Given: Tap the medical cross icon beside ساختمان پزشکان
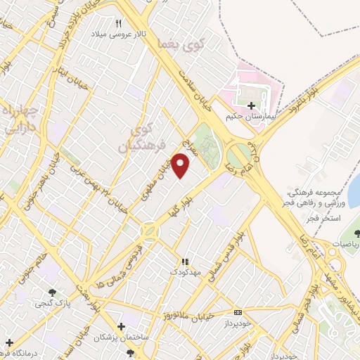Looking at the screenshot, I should [x=122, y=327].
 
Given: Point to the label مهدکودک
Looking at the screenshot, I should [x=186, y=271].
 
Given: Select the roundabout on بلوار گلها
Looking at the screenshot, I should [x=150, y=231].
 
